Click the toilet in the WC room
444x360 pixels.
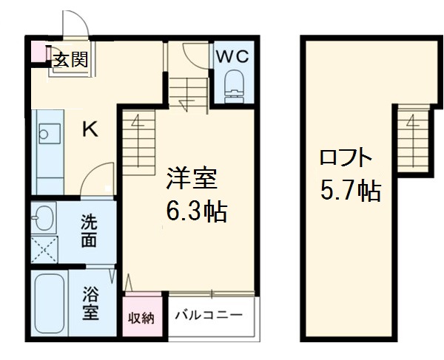tap(234, 83)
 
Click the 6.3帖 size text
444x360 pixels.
tap(196, 213)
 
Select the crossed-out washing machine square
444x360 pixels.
tap(44, 249)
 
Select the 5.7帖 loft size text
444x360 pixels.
tap(350, 191)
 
